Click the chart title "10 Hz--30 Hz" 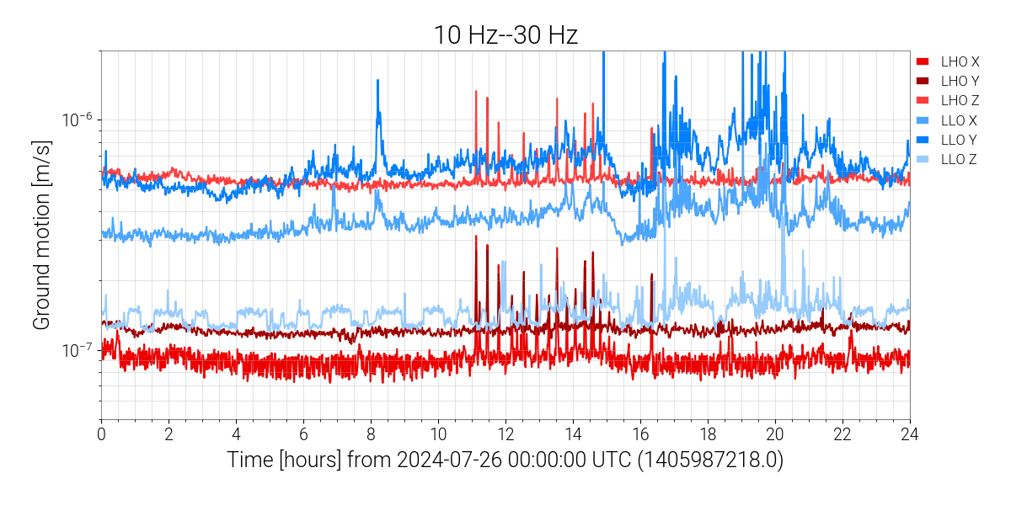[505, 35]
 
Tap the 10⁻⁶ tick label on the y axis [77, 120]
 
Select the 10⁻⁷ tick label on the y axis [77, 349]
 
